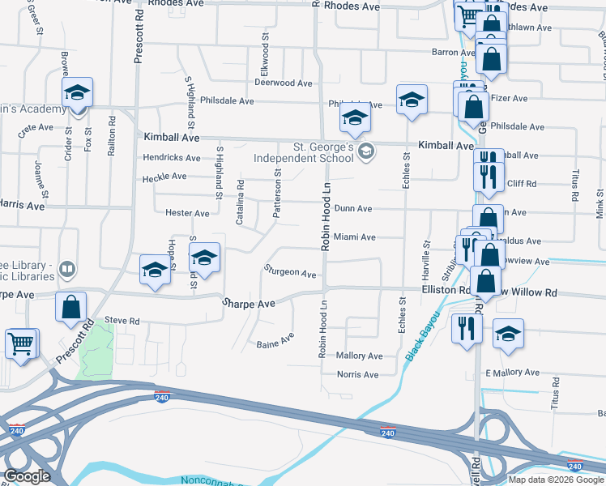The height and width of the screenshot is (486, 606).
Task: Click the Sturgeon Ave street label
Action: [289, 274]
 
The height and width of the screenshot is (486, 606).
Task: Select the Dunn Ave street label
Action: [352, 209]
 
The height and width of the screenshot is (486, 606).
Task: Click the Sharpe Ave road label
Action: [249, 302]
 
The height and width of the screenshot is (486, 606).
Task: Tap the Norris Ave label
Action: [358, 374]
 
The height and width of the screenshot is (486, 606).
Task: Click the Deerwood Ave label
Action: [283, 83]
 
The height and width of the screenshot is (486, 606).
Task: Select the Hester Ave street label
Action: [187, 213]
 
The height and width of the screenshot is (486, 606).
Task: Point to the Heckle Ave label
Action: [165, 178]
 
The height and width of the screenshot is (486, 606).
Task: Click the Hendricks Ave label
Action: [170, 157]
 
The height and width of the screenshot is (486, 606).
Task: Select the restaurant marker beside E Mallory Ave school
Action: [465, 328]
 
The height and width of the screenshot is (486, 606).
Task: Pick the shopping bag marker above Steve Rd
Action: [71, 307]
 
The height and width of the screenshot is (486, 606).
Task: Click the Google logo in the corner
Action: [27, 476]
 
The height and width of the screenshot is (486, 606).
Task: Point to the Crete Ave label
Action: [34, 128]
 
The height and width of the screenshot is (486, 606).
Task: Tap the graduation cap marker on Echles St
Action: [412, 100]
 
